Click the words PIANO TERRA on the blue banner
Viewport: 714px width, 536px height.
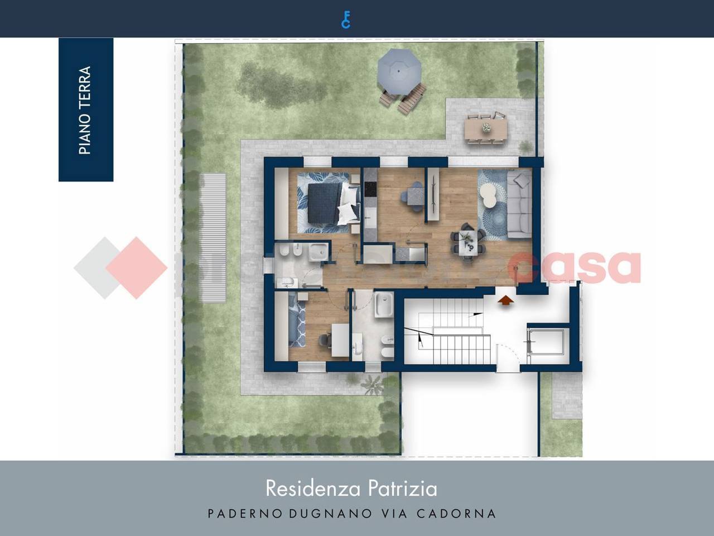[85, 110]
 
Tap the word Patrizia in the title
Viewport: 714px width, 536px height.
[403, 489]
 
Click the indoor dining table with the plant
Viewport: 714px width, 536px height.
[467, 241]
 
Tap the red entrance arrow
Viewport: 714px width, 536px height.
[505, 300]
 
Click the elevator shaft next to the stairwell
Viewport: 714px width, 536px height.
[546, 341]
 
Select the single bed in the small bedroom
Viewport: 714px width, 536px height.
[296, 324]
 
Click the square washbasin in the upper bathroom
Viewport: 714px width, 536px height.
[319, 253]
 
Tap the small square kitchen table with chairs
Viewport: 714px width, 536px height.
[414, 195]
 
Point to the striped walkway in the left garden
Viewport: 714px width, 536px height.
[213, 238]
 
